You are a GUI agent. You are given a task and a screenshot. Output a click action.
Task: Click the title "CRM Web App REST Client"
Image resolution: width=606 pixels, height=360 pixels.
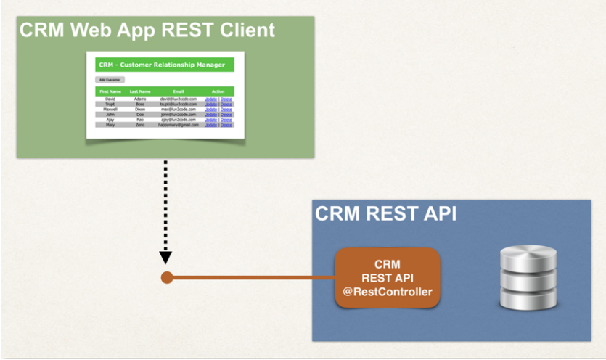(147, 30)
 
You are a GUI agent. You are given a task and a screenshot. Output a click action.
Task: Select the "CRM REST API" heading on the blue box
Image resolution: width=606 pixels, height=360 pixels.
(386, 214)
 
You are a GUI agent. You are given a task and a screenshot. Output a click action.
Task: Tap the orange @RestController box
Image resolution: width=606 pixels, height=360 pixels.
(387, 278)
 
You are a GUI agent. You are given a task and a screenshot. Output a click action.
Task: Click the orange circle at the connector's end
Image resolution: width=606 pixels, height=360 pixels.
(166, 278)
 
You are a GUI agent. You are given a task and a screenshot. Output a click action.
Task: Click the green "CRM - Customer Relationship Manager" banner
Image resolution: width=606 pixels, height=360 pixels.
(161, 65)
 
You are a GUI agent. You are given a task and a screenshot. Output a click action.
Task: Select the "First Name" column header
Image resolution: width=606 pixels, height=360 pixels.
(110, 91)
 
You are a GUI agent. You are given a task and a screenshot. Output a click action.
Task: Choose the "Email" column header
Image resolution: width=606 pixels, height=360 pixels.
(179, 91)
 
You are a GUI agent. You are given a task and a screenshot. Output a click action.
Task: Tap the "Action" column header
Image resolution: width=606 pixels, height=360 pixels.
(218, 91)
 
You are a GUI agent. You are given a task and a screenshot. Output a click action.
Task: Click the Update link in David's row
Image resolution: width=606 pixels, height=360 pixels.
(210, 99)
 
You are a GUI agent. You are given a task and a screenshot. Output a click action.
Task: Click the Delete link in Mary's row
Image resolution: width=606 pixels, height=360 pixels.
(226, 125)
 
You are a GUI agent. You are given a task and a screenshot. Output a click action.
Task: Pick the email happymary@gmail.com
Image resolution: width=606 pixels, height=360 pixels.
(179, 125)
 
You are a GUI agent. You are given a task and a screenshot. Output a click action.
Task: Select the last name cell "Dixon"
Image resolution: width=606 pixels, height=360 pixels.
(140, 109)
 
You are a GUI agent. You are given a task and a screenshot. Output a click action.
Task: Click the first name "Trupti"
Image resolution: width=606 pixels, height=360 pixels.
(110, 104)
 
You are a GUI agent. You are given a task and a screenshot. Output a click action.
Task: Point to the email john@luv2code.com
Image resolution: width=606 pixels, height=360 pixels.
(179, 114)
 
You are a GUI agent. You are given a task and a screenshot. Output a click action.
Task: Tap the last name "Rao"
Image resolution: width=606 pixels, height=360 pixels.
(140, 120)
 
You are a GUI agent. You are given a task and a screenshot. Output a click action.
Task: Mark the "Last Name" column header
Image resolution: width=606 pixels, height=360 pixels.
(140, 91)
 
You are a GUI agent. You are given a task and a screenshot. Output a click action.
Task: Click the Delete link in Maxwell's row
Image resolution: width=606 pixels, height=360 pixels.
(226, 109)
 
